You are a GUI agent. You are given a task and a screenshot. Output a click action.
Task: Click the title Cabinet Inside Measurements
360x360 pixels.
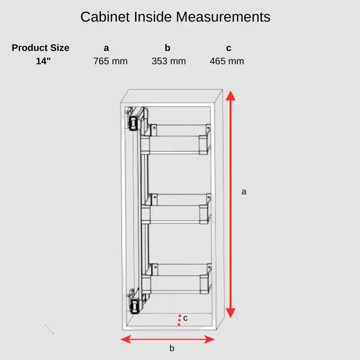[x=176, y=17]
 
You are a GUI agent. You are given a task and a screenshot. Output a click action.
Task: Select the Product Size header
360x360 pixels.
[x=40, y=48]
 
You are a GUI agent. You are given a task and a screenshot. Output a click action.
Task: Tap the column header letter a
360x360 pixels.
[x=106, y=48]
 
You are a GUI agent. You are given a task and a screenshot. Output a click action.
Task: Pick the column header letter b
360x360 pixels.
[x=167, y=48]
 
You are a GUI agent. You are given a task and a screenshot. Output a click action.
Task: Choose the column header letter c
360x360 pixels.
[x=228, y=48]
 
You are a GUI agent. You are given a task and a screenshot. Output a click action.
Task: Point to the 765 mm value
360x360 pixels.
[x=110, y=61]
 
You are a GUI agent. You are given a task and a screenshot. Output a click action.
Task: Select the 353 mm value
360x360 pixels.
[x=168, y=61]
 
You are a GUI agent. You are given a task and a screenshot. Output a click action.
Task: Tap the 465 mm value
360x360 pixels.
[x=227, y=61]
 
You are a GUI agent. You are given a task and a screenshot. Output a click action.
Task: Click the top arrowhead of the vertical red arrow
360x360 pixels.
[x=231, y=96]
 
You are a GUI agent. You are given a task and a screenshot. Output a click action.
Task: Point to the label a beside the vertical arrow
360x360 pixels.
[x=244, y=192]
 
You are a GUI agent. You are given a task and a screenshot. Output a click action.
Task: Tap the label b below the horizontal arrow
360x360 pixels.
[x=172, y=348]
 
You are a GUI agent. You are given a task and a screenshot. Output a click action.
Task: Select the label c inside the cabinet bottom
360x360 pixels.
[x=186, y=318]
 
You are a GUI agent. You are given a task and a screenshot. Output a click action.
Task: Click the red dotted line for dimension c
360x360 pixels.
[x=179, y=320]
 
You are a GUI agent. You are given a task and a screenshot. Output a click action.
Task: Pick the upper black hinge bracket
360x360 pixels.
[x=133, y=122]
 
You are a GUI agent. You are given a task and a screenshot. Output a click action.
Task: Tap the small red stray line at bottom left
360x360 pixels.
[x=49, y=330]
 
